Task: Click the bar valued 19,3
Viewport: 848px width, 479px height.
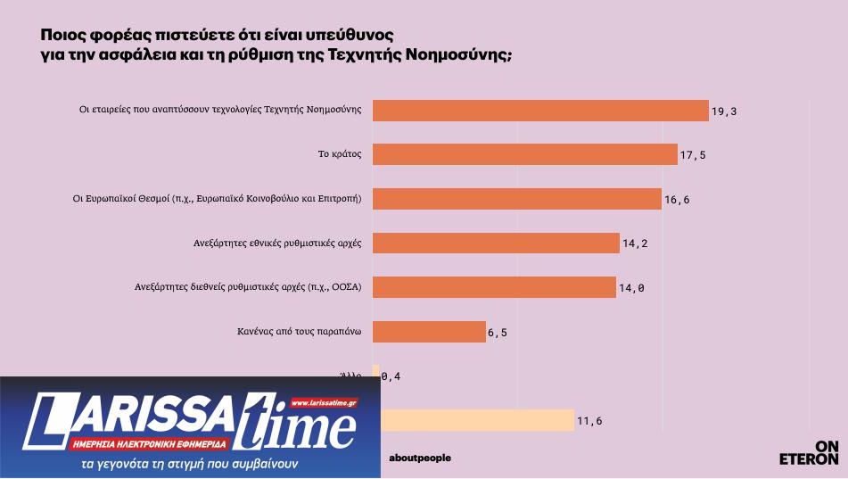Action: point(539,111)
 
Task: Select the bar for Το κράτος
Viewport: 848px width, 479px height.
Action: point(524,154)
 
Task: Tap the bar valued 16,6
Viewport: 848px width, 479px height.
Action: point(516,199)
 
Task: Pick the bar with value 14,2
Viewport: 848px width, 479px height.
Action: point(496,243)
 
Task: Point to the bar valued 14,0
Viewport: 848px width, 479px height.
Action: point(494,287)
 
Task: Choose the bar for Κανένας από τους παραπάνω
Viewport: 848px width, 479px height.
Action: point(428,332)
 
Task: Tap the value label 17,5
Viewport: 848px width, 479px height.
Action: point(692,155)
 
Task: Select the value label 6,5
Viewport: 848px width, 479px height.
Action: point(498,333)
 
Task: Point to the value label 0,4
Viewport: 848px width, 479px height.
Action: point(391,376)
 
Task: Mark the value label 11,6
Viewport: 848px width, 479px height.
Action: point(589,421)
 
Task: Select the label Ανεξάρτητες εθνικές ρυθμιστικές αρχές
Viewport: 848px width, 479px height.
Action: point(276,243)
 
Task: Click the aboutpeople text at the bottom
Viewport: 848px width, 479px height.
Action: point(420,458)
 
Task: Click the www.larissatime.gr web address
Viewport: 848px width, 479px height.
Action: point(323,403)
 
